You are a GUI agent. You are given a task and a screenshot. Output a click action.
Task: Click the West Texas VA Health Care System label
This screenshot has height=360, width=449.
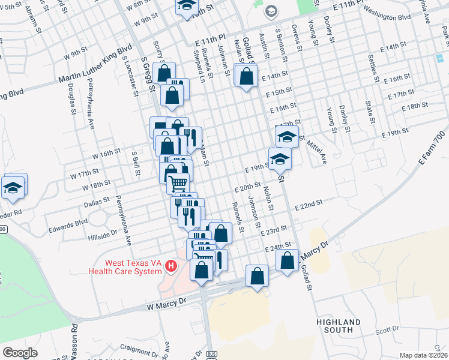coord(124,266)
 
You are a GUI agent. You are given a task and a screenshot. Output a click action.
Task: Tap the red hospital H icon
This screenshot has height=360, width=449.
coord(172,265)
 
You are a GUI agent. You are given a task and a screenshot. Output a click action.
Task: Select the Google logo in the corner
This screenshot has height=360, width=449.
coord(20,353)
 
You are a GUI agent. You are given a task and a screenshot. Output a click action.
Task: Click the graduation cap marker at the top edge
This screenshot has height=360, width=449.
coord(187,5)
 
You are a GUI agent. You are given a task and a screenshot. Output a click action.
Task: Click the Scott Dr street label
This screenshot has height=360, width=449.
coord(387,329)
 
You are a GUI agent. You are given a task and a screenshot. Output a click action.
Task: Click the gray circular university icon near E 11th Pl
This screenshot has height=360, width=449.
coord(271,11)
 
